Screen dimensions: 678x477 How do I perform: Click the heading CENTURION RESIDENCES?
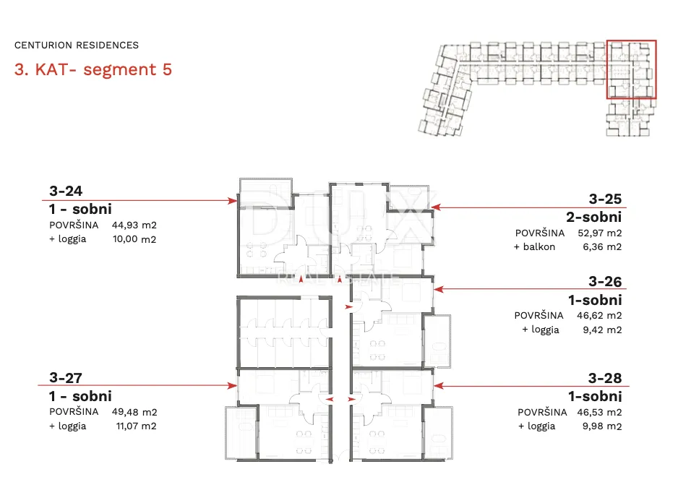[77, 45]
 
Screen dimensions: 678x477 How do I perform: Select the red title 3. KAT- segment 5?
[93, 69]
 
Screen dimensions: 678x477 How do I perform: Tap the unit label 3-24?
[66, 191]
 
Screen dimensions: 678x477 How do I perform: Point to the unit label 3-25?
[605, 199]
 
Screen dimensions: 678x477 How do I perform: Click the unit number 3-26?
[605, 282]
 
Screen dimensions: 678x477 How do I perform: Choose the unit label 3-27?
[66, 377]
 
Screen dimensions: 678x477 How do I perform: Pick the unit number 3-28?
[605, 378]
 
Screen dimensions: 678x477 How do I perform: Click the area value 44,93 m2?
[134, 225]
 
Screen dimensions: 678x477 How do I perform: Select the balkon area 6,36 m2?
[602, 246]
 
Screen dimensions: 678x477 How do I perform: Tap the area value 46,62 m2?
[599, 315]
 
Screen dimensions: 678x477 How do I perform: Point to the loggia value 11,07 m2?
[136, 426]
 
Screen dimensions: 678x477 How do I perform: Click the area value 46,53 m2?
[599, 412]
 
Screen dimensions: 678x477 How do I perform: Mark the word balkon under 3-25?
[539, 246]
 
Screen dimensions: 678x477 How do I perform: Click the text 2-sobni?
[593, 217]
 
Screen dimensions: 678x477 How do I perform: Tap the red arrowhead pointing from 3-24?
[233, 201]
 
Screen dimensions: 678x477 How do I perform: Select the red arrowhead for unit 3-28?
[439, 386]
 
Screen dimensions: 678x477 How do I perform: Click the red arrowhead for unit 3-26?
[439, 289]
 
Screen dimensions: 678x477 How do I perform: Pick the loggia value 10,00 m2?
[134, 239]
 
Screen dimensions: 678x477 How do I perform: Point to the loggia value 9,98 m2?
[602, 426]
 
